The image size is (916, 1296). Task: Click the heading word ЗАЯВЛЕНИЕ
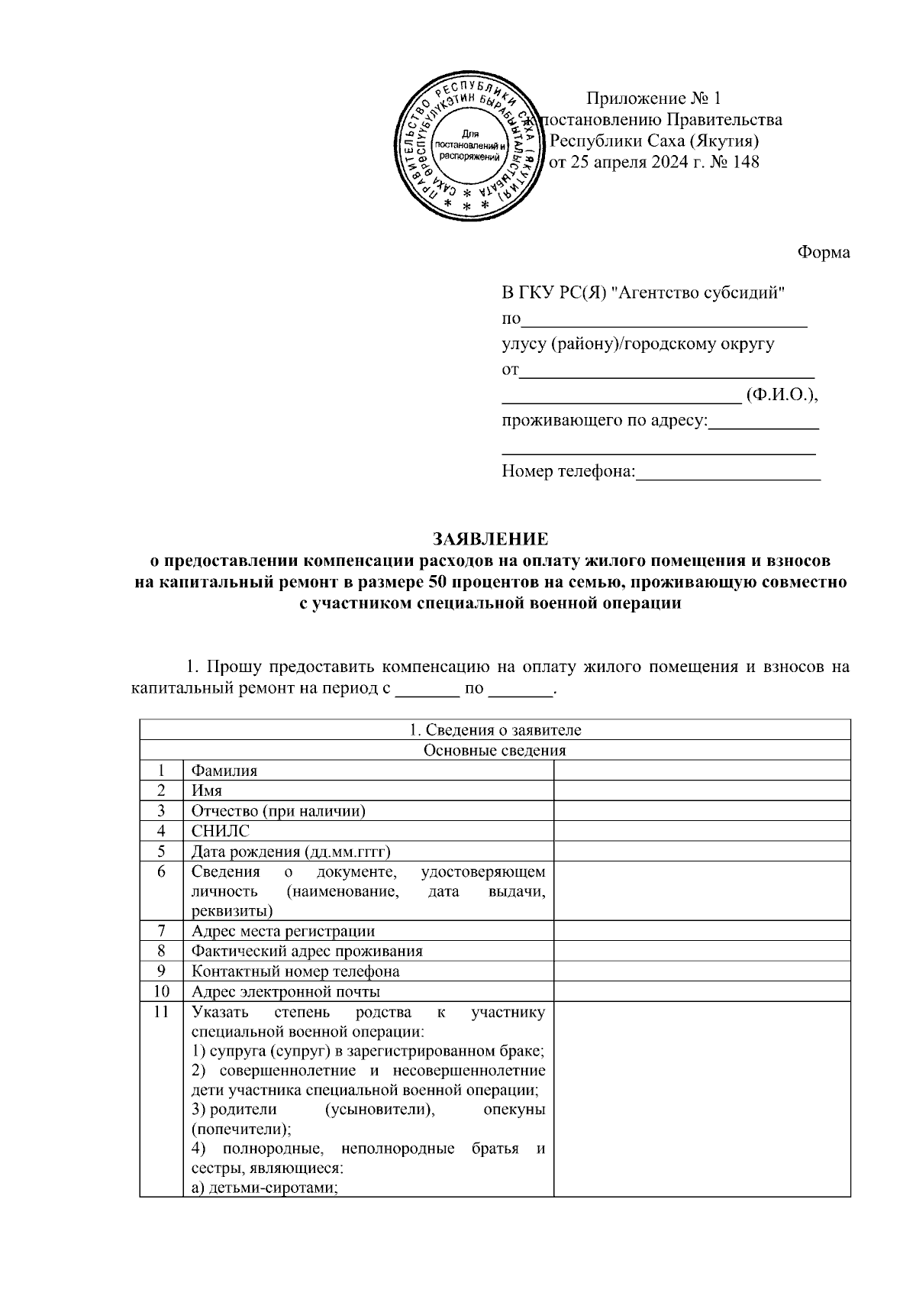point(490,539)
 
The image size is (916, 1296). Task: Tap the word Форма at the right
point(824,253)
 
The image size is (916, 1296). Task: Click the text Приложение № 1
point(653,99)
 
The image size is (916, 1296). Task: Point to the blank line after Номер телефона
point(727,473)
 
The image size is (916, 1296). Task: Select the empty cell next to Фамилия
point(702,771)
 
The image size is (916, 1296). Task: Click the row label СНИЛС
point(221,831)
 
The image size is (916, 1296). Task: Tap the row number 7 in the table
point(161,931)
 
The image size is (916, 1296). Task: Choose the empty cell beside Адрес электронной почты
point(702,991)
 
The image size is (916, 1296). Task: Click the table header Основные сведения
point(495,750)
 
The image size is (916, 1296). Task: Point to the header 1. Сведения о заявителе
point(495,730)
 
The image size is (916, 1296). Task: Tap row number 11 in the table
point(161,1013)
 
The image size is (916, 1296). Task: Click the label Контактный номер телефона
point(295,971)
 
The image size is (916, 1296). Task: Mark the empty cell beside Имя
point(702,790)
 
